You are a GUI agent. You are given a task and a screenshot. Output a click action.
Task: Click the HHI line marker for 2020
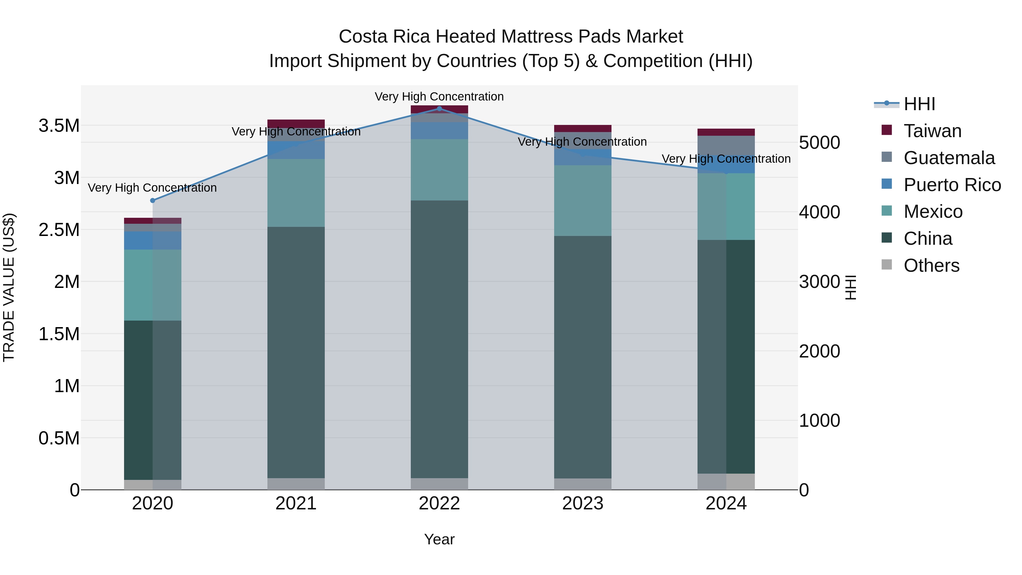coord(153,200)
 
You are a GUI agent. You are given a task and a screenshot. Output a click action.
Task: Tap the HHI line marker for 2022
coord(439,108)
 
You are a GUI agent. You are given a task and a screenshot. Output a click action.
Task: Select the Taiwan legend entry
coord(932,131)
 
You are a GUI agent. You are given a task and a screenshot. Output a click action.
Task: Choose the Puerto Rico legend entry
coord(952,185)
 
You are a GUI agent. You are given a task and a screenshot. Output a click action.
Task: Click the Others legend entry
coord(931,265)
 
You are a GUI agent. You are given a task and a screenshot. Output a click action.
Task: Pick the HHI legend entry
coord(919,104)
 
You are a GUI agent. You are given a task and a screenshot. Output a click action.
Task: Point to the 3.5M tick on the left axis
coord(59,126)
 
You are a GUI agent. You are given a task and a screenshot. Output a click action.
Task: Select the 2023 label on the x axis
coord(583,503)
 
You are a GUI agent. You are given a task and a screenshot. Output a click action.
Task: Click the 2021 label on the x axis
coord(296,503)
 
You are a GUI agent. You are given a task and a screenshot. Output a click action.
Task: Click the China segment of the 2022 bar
coord(439,339)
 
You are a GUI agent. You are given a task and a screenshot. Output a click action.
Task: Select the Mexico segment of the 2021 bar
coord(296,193)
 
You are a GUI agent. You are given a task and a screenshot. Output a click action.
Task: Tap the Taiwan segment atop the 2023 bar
coord(583,128)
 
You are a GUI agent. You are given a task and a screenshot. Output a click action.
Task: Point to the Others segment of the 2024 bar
coord(726,481)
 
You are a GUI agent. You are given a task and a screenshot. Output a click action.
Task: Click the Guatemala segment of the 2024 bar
coord(726,145)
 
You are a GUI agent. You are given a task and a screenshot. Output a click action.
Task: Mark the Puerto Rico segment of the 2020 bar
coord(153,241)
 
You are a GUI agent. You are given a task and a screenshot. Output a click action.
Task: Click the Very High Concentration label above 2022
coord(439,97)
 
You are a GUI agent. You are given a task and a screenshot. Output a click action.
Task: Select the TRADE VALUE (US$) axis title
coord(9,287)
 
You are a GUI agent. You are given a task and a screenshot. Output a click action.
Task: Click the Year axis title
coord(439,539)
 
